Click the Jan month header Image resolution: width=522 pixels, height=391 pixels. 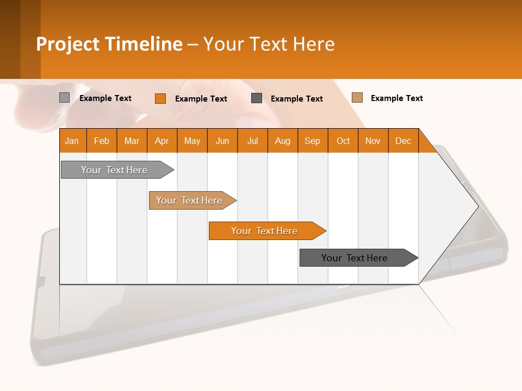tap(72, 141)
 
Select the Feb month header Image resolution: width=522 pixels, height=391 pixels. tap(102, 141)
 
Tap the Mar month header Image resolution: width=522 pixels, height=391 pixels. tap(132, 141)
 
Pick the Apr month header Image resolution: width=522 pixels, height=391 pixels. tap(162, 141)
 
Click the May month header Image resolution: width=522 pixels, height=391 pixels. tap(192, 141)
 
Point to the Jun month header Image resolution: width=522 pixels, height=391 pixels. tap(222, 141)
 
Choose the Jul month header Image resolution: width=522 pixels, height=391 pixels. tap(252, 141)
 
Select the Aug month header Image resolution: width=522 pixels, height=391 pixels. tap(283, 141)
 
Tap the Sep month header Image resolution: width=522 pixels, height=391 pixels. tap(313, 141)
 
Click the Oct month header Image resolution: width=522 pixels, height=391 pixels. tap(343, 141)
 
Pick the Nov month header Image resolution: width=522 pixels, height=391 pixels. tap(373, 141)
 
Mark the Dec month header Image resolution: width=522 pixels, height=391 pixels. tap(403, 141)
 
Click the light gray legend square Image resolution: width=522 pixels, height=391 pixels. tap(65, 98)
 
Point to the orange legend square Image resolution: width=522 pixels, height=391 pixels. tap(160, 98)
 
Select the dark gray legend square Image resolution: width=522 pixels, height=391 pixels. tap(257, 98)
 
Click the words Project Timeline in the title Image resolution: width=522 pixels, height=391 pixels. tap(109, 44)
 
